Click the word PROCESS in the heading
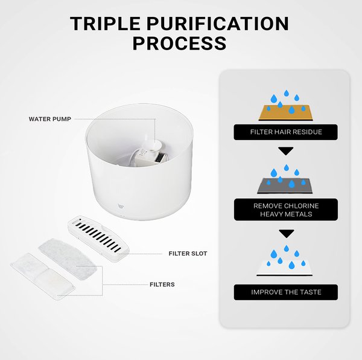(179, 43)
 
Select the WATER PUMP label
(50, 119)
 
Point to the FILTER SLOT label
(187, 254)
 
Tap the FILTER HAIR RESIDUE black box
(285, 132)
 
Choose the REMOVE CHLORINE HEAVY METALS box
(285, 210)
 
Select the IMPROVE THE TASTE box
(285, 292)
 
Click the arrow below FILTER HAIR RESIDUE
(286, 151)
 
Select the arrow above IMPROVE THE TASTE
(286, 233)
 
